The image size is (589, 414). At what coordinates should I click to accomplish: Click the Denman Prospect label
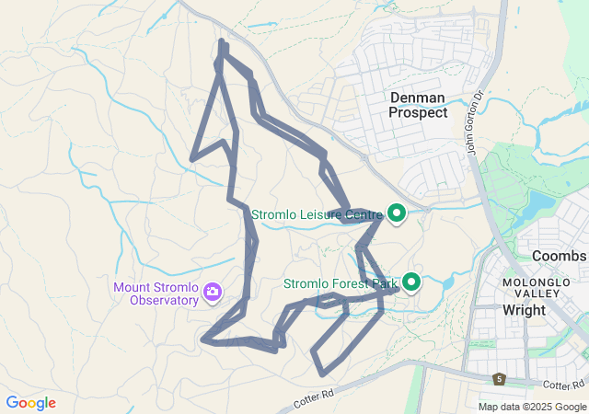418,104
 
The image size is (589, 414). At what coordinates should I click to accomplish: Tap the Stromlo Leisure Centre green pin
397,213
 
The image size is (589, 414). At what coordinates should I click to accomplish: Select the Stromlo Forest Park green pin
410,282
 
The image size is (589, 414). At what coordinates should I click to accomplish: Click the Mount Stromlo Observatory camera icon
214,293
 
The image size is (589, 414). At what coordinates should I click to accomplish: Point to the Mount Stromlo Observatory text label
156,293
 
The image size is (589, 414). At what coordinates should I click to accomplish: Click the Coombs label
559,255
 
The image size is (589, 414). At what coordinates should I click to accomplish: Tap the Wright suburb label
524,310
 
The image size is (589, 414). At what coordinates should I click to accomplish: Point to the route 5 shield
499,379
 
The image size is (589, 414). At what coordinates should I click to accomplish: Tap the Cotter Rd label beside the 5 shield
563,385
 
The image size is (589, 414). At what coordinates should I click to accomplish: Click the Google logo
30,403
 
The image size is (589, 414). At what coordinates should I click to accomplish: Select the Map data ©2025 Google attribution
531,407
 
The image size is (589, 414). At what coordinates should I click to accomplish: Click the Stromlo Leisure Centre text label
318,214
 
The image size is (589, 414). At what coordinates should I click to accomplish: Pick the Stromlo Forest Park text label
341,283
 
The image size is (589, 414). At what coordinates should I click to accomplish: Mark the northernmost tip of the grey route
222,41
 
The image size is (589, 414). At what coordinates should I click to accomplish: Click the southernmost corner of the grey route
322,374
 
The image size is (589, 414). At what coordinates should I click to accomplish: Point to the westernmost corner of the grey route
191,159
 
